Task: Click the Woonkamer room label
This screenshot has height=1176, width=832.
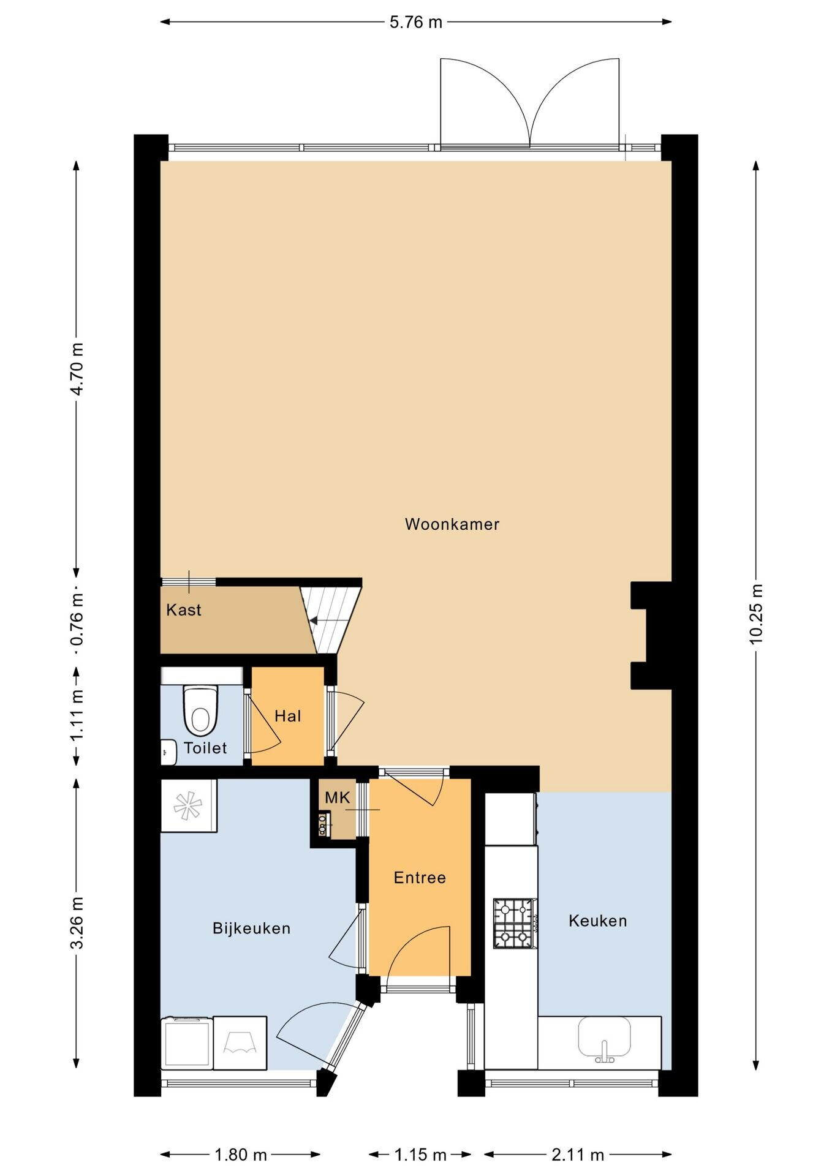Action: (x=452, y=524)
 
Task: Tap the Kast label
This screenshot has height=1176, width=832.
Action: (x=184, y=610)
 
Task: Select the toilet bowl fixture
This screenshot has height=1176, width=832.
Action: (x=200, y=710)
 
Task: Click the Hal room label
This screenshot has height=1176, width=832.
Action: (x=287, y=716)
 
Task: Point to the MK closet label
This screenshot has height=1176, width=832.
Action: (x=338, y=797)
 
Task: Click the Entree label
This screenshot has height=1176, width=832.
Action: (x=420, y=878)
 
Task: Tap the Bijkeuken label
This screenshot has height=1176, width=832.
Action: (x=251, y=929)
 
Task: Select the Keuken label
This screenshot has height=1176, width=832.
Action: (x=597, y=921)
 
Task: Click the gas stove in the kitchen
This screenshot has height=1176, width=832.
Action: (x=515, y=923)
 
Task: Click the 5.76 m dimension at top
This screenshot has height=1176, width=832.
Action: (x=416, y=22)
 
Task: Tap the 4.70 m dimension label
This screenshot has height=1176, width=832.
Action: (x=77, y=369)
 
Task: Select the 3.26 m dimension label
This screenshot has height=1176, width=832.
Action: (x=77, y=922)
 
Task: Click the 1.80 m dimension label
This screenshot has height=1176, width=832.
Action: (x=240, y=1155)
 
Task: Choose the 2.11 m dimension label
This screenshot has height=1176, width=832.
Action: (x=578, y=1155)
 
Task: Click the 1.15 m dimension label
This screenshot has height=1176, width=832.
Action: (x=420, y=1155)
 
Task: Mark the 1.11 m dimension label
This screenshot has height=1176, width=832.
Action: (x=77, y=715)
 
